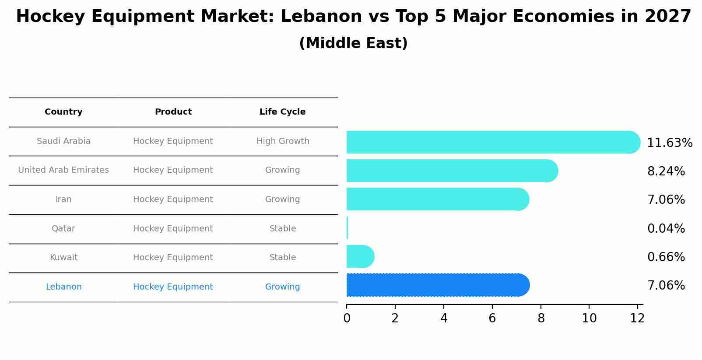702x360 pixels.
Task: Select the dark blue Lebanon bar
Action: [x=438, y=285]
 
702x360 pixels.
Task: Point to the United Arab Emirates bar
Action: [x=451, y=171]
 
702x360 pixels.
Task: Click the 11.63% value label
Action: [x=669, y=143]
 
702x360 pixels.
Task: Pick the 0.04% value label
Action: [x=666, y=228]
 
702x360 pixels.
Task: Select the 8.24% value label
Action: [x=666, y=171]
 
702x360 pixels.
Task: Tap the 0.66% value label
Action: [x=666, y=257]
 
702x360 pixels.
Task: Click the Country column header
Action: [x=63, y=112]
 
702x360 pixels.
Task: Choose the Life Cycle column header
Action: [x=282, y=112]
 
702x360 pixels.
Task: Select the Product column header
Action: [x=173, y=112]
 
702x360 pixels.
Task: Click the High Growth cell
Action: [x=282, y=141]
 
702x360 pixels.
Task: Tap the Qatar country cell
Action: [x=63, y=229]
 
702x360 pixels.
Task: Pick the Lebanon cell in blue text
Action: [x=63, y=287]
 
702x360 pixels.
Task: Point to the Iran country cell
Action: [x=63, y=199]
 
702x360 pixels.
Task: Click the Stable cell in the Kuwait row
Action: [x=282, y=258]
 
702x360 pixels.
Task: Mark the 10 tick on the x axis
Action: [x=589, y=318]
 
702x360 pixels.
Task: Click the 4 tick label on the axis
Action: [x=444, y=318]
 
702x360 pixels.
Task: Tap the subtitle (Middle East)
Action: [x=353, y=43]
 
